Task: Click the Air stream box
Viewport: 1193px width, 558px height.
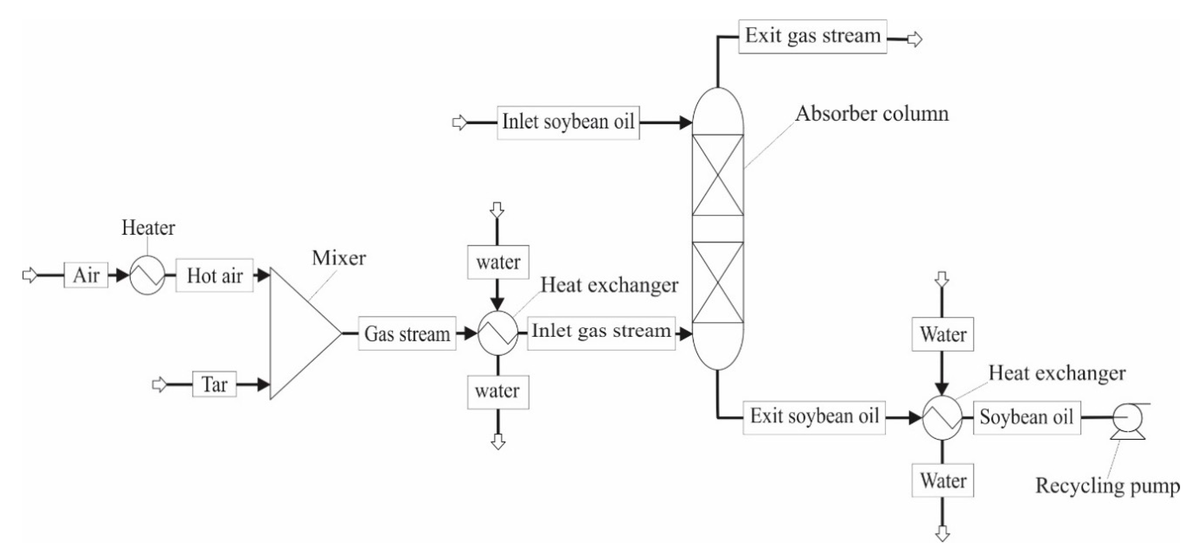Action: (x=86, y=275)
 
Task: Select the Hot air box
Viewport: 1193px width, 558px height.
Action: (x=214, y=276)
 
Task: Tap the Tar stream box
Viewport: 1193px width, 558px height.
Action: (x=214, y=384)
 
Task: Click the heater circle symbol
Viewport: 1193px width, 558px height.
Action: (x=147, y=275)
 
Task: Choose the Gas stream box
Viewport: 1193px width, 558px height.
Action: (x=407, y=334)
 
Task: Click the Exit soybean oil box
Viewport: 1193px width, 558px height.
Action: (x=814, y=417)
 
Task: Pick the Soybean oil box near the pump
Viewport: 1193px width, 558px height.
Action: (x=1027, y=418)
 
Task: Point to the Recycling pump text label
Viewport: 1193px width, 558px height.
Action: (x=1107, y=486)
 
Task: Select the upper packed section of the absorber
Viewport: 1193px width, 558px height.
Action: (x=717, y=175)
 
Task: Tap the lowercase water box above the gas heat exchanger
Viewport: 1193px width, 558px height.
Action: (x=498, y=262)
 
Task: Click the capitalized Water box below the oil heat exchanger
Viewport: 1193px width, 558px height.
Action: (x=943, y=481)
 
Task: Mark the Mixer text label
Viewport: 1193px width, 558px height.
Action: (x=338, y=258)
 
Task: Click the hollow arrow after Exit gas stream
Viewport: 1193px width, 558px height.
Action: (x=915, y=39)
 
